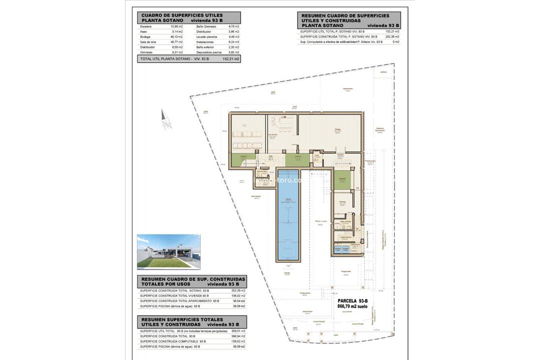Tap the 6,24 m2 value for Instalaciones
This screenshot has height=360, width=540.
(x=233, y=42)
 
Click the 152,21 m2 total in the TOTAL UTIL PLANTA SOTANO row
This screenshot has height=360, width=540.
(x=231, y=58)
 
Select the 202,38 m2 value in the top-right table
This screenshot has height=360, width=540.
(x=392, y=36)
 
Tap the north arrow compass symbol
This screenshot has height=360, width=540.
(x=166, y=120)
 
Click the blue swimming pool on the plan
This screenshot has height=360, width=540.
(x=288, y=220)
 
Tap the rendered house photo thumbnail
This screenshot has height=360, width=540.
(x=168, y=252)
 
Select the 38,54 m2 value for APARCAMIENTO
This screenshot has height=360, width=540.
(x=238, y=301)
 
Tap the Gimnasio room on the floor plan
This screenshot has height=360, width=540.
(x=342, y=202)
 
